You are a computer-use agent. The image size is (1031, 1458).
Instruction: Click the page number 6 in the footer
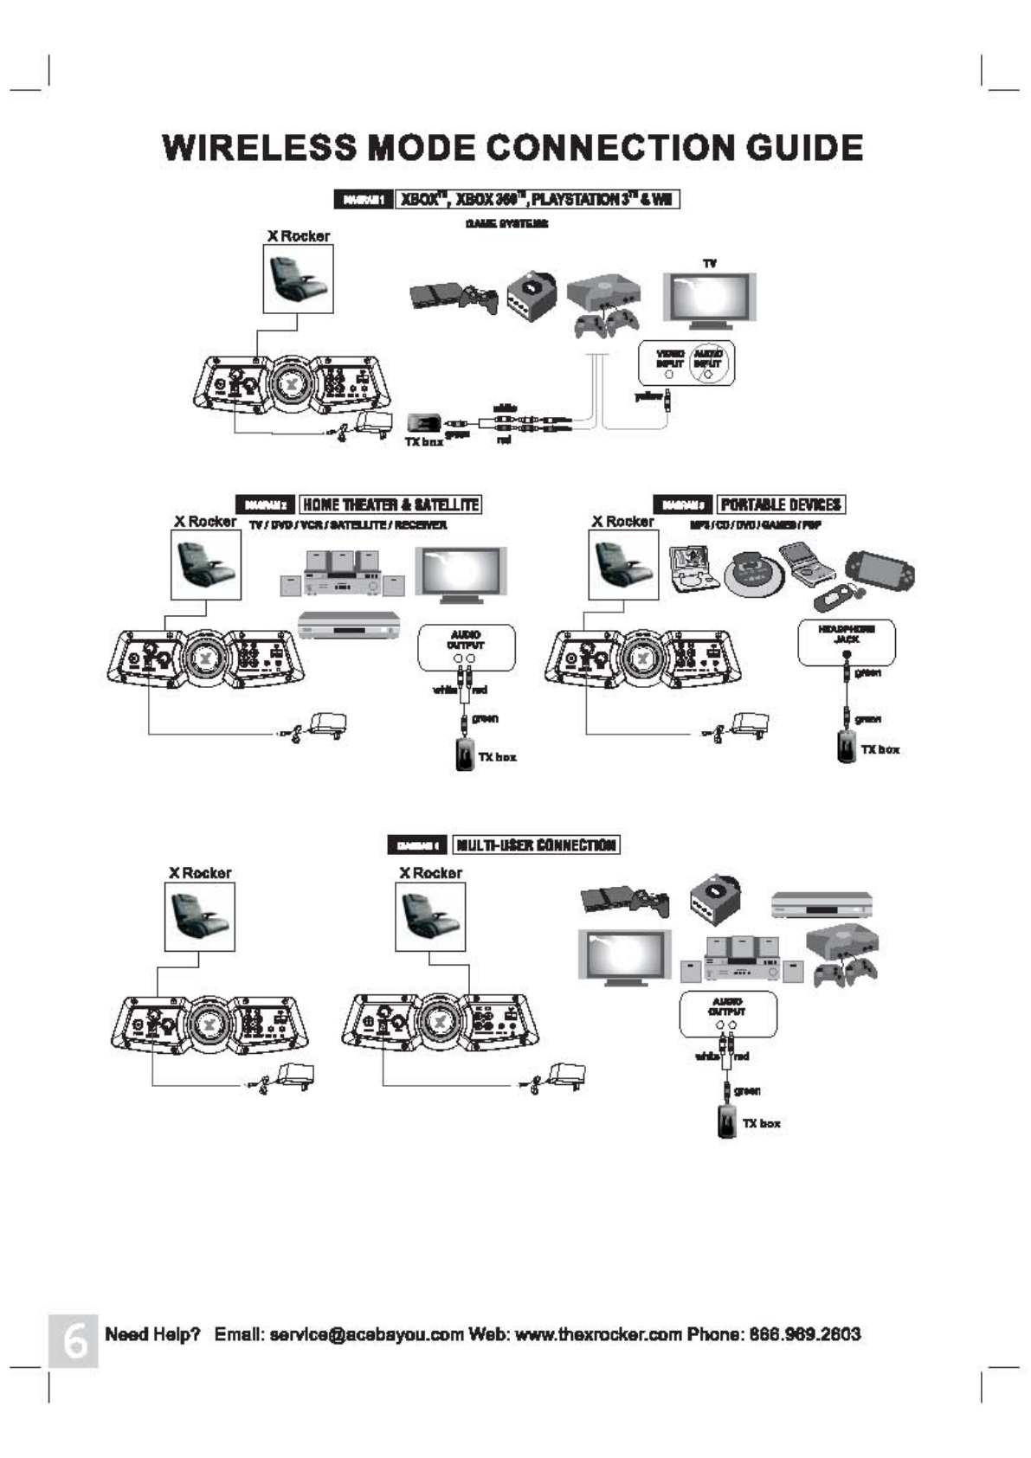74,1340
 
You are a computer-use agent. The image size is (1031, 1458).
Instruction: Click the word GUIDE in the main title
804,148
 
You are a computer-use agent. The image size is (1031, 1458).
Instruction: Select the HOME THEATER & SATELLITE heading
390,504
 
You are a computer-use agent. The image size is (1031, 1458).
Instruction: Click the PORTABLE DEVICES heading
781,504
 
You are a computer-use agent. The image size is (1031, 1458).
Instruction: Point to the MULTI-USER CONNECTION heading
537,845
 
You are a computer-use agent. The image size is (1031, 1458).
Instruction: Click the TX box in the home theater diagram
465,754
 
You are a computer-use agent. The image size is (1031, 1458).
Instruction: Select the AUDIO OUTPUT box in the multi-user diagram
727,1013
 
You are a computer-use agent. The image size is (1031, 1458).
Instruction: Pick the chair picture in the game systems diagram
298,278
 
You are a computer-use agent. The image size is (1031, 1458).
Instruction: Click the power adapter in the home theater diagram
327,724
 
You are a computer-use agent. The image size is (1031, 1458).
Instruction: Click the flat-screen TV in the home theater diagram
461,573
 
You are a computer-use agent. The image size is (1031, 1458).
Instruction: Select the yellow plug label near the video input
648,396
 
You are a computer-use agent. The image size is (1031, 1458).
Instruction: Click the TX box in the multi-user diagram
727,1121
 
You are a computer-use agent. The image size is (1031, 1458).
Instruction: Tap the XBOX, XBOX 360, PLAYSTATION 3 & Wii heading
538,200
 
